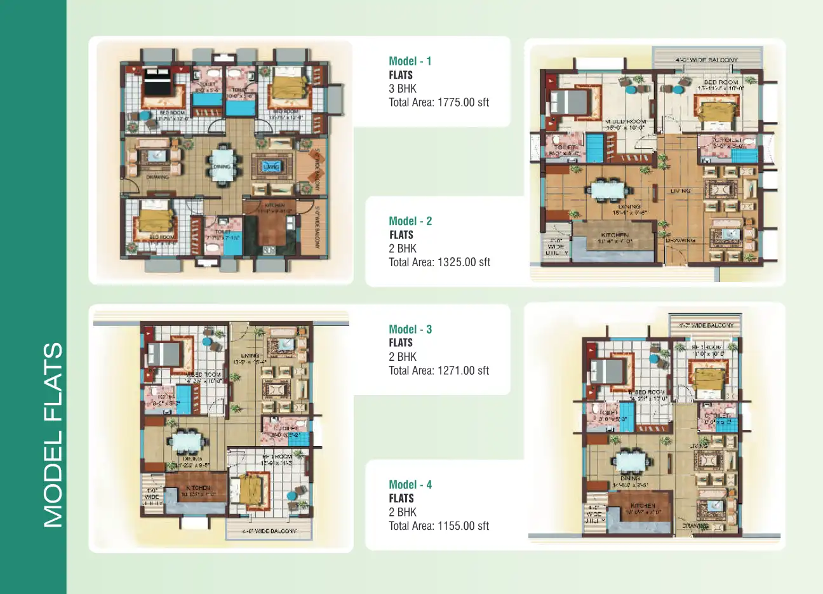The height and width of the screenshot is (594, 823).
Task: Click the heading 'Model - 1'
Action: tap(410, 61)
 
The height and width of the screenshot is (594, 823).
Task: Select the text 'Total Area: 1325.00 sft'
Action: tap(439, 262)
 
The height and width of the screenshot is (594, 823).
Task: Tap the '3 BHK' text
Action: tap(403, 88)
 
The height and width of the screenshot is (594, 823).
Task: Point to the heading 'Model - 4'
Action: tap(410, 485)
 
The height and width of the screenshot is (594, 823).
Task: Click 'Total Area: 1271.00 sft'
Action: tap(438, 370)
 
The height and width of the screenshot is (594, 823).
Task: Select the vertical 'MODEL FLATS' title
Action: tap(53, 435)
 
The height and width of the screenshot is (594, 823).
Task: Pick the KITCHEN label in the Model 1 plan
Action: tap(274, 205)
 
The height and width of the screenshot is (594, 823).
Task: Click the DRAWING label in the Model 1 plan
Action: tap(157, 177)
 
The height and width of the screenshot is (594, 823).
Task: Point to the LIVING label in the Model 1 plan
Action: tap(271, 166)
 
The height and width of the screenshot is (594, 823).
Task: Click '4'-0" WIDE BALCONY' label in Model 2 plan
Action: tap(706, 60)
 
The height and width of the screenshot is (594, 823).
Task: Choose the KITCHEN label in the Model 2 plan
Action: tap(614, 234)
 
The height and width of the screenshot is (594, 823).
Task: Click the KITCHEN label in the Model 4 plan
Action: tap(643, 506)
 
